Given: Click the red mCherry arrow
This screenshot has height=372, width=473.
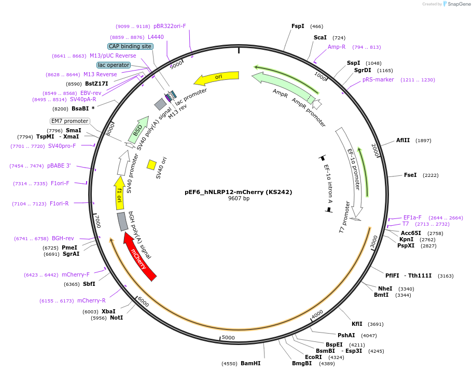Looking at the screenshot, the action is (x=140, y=257).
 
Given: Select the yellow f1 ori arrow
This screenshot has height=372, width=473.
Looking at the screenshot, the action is (x=119, y=193).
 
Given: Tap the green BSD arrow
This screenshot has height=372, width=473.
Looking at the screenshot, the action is (x=138, y=130).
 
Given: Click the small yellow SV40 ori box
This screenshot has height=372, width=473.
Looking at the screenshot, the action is (x=151, y=165).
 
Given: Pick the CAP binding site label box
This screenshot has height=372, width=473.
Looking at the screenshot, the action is (x=130, y=46).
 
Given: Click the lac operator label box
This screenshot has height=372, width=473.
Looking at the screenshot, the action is (x=114, y=65).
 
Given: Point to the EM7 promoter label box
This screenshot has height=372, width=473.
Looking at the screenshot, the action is (x=69, y=121).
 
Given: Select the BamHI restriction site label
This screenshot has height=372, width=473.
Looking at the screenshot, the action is (x=251, y=363).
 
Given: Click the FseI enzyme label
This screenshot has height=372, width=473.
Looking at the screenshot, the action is (x=410, y=175).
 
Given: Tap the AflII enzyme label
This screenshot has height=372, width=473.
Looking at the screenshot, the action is (x=403, y=140).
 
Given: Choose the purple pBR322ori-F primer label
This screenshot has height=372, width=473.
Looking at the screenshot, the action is (x=170, y=26).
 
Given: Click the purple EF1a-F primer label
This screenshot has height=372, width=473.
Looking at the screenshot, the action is (x=412, y=217).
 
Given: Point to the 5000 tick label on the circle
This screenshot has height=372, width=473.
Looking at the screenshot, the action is (x=228, y=337).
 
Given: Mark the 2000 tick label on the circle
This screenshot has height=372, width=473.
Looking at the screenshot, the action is (x=374, y=150).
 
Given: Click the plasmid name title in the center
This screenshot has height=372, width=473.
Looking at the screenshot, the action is (x=238, y=192).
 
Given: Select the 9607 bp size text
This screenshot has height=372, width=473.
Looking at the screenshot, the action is (x=239, y=198).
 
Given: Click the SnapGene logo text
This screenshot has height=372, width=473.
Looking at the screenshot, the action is (x=459, y=4).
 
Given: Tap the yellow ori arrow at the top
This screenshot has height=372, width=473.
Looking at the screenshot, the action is (x=217, y=77).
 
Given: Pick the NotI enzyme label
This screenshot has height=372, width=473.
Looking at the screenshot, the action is (x=117, y=318).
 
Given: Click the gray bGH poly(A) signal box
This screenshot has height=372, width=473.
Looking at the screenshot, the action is (x=122, y=222).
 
